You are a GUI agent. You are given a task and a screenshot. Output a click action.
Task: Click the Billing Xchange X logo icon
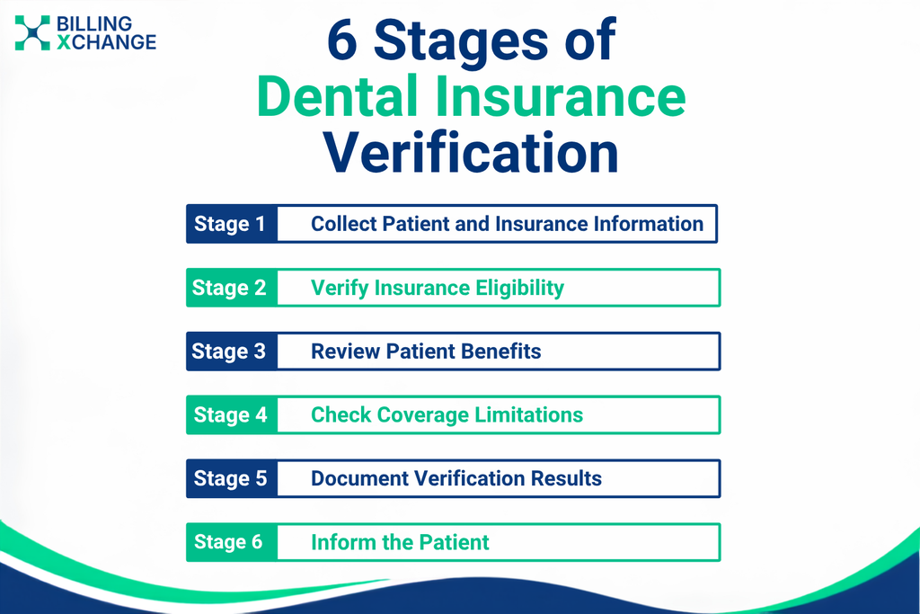tap(32, 33)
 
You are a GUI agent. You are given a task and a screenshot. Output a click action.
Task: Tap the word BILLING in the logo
tap(94, 24)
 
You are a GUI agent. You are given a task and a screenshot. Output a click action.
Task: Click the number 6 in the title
tap(342, 40)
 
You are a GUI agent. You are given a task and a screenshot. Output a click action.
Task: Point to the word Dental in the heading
tap(337, 96)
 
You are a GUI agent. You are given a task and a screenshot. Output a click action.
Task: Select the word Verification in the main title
tap(471, 152)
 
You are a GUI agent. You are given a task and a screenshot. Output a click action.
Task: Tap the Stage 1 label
tap(229, 224)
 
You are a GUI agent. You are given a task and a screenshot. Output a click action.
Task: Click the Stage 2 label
tap(229, 288)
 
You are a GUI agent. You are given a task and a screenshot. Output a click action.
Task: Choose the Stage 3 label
tap(229, 351)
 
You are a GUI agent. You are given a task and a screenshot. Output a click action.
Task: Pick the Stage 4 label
tap(231, 415)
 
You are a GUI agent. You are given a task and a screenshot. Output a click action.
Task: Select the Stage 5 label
tap(231, 478)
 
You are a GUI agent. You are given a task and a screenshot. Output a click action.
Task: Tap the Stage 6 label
tap(228, 542)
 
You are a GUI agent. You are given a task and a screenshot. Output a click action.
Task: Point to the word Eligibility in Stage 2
tap(520, 288)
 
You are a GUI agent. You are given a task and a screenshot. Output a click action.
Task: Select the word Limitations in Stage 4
tap(528, 415)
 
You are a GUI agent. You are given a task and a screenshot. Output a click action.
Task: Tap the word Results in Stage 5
tap(566, 478)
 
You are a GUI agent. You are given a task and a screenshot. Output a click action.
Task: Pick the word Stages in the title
tap(461, 40)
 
